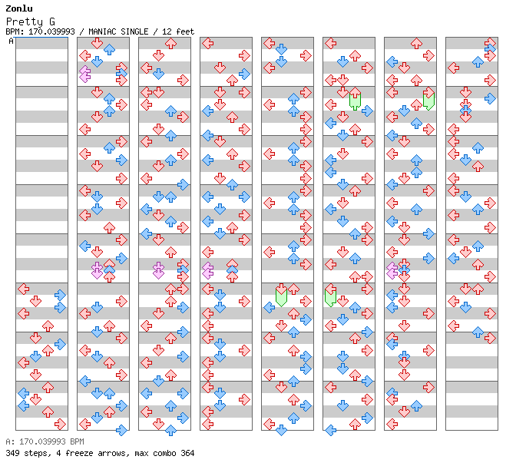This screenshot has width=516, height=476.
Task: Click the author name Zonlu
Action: click(18, 8)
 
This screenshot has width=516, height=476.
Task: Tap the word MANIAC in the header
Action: click(102, 31)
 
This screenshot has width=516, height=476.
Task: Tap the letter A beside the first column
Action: click(11, 41)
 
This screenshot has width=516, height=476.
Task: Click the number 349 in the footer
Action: click(12, 453)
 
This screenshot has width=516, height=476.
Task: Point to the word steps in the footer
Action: click(35, 453)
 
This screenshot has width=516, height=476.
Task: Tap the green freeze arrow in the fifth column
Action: click(281, 296)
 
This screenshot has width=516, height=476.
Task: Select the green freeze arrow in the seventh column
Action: click(428, 100)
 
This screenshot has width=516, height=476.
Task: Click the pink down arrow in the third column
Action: click(158, 269)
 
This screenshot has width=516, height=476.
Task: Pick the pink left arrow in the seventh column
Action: click(392, 269)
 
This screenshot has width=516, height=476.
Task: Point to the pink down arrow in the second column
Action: click(97, 269)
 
